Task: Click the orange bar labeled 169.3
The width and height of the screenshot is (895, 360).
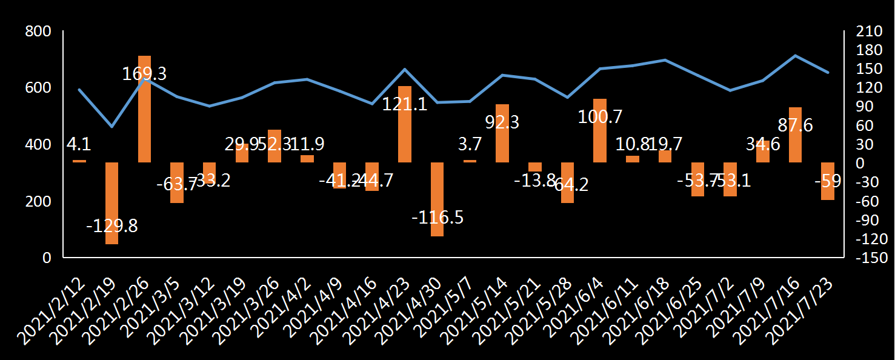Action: tap(144, 109)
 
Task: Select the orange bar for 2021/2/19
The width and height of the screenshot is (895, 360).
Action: tap(111, 203)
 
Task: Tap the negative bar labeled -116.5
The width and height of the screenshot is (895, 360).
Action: tap(437, 199)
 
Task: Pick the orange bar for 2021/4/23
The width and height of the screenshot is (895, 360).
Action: tap(404, 124)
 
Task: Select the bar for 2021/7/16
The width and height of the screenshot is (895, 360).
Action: tap(795, 135)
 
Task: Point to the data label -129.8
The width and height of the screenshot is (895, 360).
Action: tap(112, 226)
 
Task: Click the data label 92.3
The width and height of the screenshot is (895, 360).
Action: tap(502, 122)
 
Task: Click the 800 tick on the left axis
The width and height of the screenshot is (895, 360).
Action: tap(38, 32)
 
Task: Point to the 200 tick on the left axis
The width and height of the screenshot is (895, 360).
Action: tap(38, 201)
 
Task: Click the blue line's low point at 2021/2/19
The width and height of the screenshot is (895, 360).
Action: tap(111, 127)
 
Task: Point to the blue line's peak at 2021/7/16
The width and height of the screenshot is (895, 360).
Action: tap(795, 56)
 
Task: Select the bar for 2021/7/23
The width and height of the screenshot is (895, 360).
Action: tap(828, 181)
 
